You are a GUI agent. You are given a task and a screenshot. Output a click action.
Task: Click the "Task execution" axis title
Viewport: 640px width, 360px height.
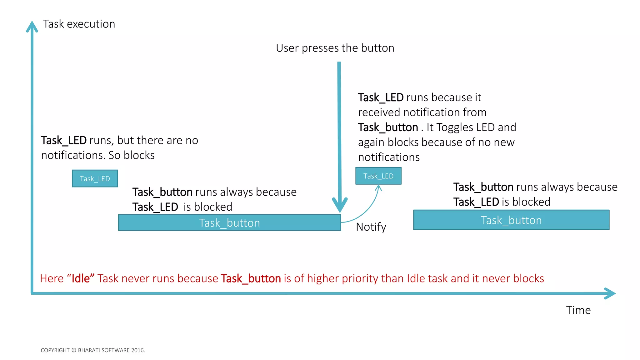(x=79, y=24)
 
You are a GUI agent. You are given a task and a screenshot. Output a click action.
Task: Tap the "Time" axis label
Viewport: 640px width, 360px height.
(x=578, y=310)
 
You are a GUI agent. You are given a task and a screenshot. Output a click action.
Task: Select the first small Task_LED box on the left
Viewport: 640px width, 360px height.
(x=95, y=178)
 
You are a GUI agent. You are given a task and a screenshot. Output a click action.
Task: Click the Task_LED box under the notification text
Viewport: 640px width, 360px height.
(x=378, y=176)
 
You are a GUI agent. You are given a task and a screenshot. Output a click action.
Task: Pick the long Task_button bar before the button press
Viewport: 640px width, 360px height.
(x=229, y=223)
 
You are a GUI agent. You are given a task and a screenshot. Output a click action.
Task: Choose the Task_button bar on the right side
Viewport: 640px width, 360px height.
(x=511, y=220)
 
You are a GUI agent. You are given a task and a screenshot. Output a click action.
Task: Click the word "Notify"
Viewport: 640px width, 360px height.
(x=371, y=227)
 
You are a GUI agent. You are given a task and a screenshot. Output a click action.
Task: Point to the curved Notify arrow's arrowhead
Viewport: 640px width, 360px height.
(x=378, y=187)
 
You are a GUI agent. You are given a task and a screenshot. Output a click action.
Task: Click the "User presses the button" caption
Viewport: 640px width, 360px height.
(x=335, y=48)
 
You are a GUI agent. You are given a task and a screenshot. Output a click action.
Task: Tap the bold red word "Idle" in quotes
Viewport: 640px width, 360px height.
(x=81, y=278)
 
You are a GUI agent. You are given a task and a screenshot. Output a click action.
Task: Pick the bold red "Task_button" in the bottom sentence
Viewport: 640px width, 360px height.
(x=251, y=278)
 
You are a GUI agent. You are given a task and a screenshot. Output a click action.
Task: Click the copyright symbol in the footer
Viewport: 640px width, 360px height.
(x=74, y=350)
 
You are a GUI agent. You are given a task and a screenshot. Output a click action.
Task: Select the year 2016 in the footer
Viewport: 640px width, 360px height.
(x=137, y=350)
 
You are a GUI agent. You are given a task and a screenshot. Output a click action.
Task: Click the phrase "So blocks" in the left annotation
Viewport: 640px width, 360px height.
(x=132, y=155)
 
